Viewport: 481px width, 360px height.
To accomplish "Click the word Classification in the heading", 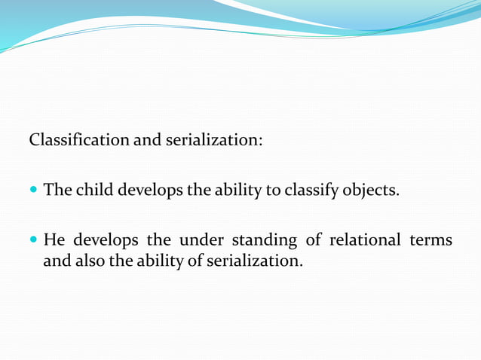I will [x=79, y=141].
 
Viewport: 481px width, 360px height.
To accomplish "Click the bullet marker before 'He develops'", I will [x=33, y=241].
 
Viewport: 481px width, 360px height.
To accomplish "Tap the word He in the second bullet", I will [x=54, y=240].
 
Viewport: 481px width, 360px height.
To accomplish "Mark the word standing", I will [x=264, y=241].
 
